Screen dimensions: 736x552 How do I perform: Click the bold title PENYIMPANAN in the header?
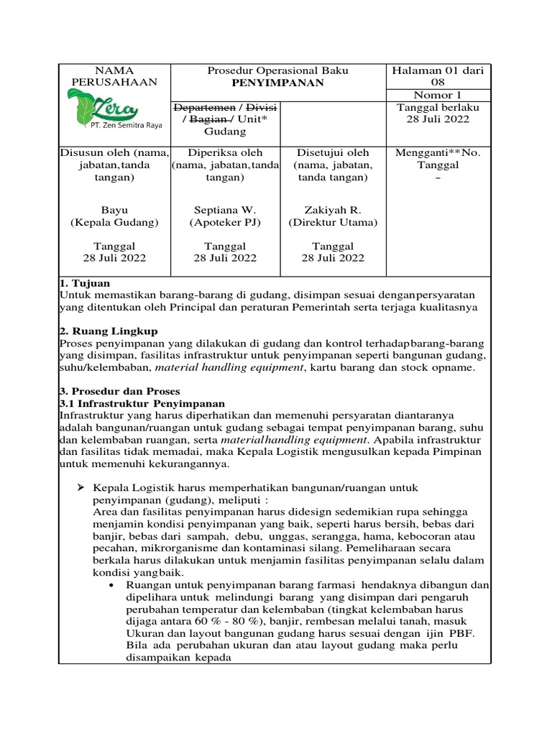coord(277,83)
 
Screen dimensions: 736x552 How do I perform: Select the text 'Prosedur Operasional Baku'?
coord(277,70)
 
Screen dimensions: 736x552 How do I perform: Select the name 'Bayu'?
coord(114,210)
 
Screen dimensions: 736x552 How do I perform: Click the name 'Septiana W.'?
coord(225,210)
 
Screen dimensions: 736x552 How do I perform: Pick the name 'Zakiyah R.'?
coord(332,210)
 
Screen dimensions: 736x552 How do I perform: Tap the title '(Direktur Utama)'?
coord(332,223)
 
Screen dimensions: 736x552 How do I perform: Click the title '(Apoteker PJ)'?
coord(225,223)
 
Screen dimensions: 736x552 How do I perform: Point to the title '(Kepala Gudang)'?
coord(114,223)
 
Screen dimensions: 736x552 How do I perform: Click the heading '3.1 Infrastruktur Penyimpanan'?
coord(142,403)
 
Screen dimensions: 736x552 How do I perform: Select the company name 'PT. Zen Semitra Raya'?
coord(125,125)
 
